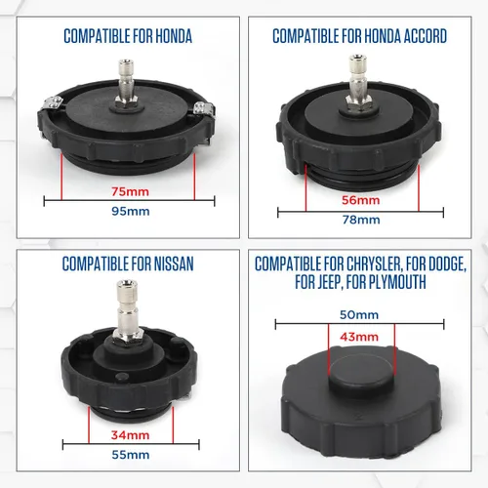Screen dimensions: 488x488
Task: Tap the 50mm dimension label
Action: (x=360, y=316)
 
